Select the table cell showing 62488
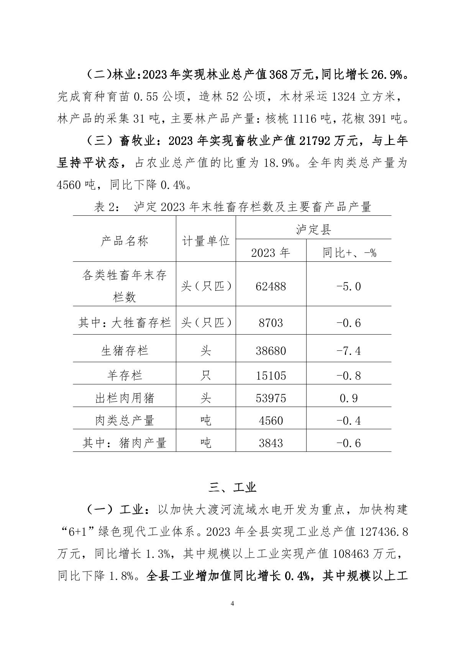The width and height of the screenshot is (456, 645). (x=271, y=286)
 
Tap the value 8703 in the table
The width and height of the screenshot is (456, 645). (x=271, y=323)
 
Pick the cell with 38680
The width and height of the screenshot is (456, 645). (x=271, y=351)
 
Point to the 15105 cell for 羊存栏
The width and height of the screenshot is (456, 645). (x=271, y=375)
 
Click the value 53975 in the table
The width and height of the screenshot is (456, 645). (x=271, y=398)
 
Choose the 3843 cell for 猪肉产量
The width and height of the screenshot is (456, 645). (x=271, y=443)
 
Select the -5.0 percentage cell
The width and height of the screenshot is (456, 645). (x=348, y=286)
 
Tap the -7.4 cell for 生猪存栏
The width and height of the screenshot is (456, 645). (x=348, y=351)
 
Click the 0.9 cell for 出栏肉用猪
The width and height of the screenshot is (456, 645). (x=348, y=398)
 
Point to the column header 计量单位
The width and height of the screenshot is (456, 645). (x=206, y=241)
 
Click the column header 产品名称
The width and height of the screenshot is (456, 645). (x=125, y=241)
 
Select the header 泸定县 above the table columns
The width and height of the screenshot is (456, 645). (x=313, y=230)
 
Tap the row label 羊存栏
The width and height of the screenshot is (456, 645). (x=125, y=375)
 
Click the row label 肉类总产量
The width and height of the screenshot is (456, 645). (x=125, y=421)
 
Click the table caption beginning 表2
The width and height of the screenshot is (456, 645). (x=233, y=207)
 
